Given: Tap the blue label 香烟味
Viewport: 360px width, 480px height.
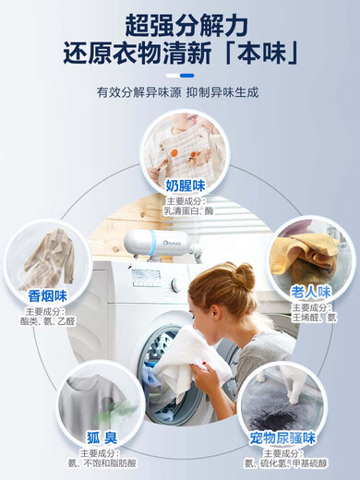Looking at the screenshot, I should tap(47, 295).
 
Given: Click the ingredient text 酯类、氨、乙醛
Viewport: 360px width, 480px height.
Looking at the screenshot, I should tap(47, 321).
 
